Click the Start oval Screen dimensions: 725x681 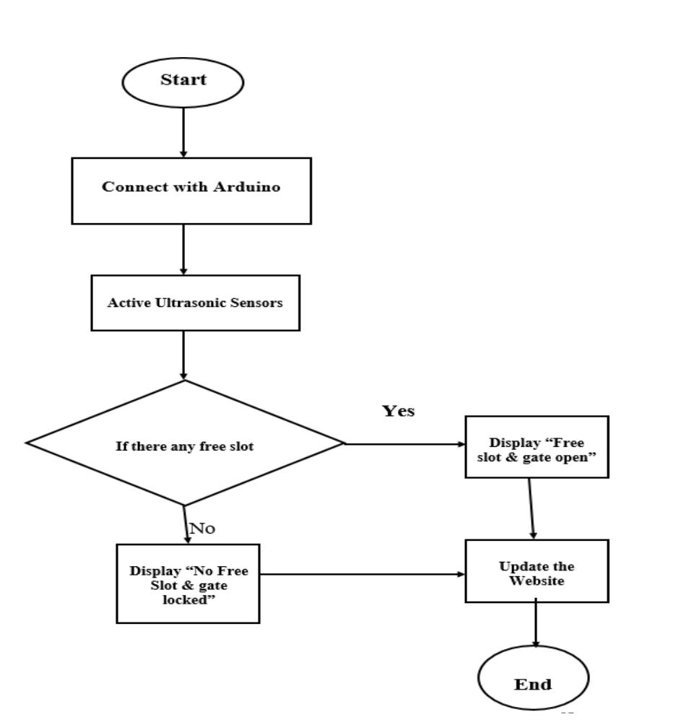click(183, 81)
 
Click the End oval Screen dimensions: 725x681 click(534, 682)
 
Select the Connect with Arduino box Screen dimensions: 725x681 click(191, 190)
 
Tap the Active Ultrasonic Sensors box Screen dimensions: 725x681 click(195, 303)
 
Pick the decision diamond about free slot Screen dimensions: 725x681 click(185, 443)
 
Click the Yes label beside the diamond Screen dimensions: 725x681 click(398, 411)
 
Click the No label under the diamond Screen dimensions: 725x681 click(202, 529)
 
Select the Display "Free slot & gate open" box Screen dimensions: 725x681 click(537, 446)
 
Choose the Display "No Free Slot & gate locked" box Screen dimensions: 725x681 click(188, 582)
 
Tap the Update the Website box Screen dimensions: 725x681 click(536, 570)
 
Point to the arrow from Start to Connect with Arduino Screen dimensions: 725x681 click(183, 131)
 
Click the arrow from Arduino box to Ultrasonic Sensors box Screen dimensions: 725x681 click(183, 249)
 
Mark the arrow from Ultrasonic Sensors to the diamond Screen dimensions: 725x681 click(183, 355)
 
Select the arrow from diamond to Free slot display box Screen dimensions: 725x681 click(404, 444)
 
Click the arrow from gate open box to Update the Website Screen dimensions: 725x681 click(532, 508)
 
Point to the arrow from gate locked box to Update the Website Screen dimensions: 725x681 click(361, 575)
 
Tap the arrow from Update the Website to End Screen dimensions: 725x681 click(535, 625)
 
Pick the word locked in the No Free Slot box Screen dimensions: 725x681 click(188, 599)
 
